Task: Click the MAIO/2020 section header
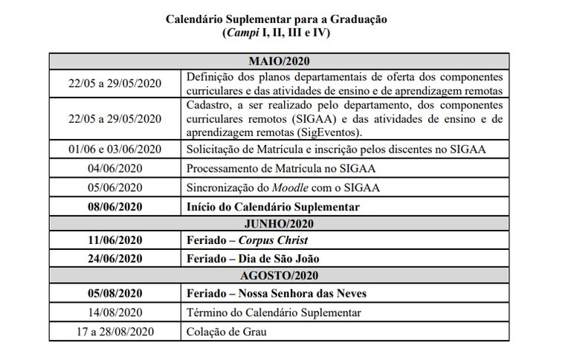point(280,61)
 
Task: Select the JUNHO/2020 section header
point(280,223)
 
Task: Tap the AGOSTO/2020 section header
point(280,276)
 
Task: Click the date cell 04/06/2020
point(115,169)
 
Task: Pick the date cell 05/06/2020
point(115,187)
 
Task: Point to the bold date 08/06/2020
point(115,206)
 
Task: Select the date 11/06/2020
point(115,241)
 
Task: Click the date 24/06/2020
point(115,259)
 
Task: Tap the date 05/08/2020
point(115,294)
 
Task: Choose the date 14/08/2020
point(115,312)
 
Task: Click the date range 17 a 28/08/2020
point(115,331)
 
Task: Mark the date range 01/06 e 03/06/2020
point(115,150)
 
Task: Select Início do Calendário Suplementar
point(273,206)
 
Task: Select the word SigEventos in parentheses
point(328,132)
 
